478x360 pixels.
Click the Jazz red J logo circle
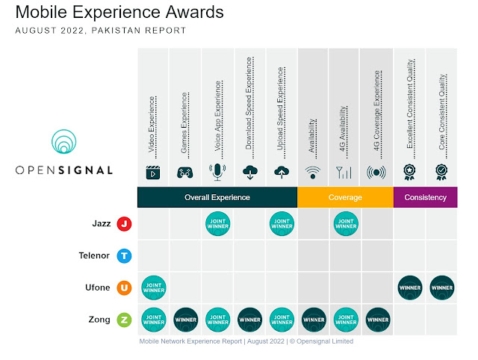[x=125, y=223]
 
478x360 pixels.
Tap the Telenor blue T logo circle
[x=125, y=255]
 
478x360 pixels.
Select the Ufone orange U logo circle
[x=125, y=288]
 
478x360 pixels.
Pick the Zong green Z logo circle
[x=125, y=320]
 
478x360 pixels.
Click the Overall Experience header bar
[x=217, y=197]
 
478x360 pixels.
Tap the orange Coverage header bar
[x=345, y=197]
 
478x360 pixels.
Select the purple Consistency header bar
[x=425, y=197]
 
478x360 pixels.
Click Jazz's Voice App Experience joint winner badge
[x=217, y=223]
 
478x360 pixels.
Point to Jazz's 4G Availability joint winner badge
[x=345, y=223]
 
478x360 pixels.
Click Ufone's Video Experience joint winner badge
[x=153, y=288]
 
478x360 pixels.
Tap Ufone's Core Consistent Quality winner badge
[x=441, y=288]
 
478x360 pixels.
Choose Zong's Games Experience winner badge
[x=185, y=320]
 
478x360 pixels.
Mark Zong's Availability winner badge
[x=313, y=320]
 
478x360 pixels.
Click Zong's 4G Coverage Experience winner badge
[x=377, y=320]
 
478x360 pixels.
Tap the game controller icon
[x=185, y=173]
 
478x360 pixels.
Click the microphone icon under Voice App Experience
[x=217, y=173]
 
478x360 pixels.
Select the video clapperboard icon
[x=153, y=173]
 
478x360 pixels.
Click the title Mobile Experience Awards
[x=119, y=13]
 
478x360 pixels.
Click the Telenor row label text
[x=93, y=255]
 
